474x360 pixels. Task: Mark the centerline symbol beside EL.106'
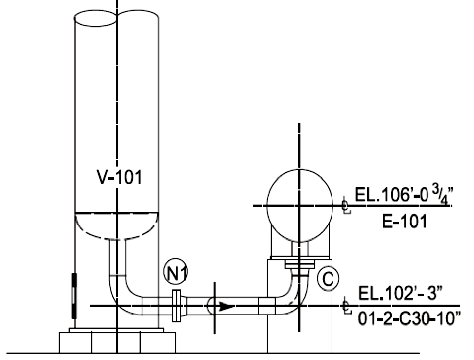pos(345,206)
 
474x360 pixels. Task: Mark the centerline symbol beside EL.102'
pos(345,305)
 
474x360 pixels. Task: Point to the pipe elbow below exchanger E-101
pos(289,298)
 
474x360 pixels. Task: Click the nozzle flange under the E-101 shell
pos(296,263)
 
